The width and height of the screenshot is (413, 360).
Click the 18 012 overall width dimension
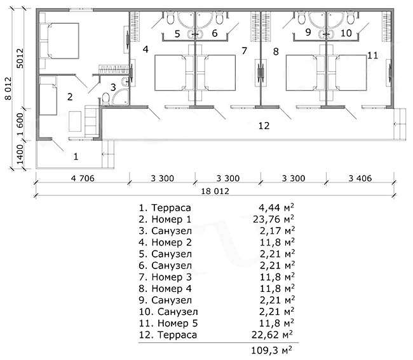click(215, 191)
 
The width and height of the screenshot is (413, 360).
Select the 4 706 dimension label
click(83, 178)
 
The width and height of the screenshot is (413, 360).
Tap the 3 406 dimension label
click(360, 178)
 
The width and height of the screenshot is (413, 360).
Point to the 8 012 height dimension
click(8, 88)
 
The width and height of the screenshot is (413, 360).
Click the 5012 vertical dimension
click(20, 59)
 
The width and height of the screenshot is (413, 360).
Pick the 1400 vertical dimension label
click(20, 154)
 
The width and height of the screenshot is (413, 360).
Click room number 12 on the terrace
click(264, 126)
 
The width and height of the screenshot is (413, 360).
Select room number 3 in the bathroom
click(113, 87)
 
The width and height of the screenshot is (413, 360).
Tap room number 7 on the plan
click(245, 51)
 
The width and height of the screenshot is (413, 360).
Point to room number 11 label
click(372, 55)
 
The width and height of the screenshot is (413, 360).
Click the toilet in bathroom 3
click(106, 99)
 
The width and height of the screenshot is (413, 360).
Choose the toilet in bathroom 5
click(170, 18)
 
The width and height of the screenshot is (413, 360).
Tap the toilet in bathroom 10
click(351, 18)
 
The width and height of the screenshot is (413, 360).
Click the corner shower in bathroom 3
click(120, 97)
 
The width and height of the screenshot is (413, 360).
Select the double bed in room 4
click(171, 73)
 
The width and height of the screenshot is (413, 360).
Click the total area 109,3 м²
click(271, 350)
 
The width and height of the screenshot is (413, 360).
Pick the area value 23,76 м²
click(273, 219)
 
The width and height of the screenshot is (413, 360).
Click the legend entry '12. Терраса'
click(168, 335)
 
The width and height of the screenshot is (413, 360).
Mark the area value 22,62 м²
click(272, 335)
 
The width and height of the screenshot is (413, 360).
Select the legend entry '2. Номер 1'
click(165, 219)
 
